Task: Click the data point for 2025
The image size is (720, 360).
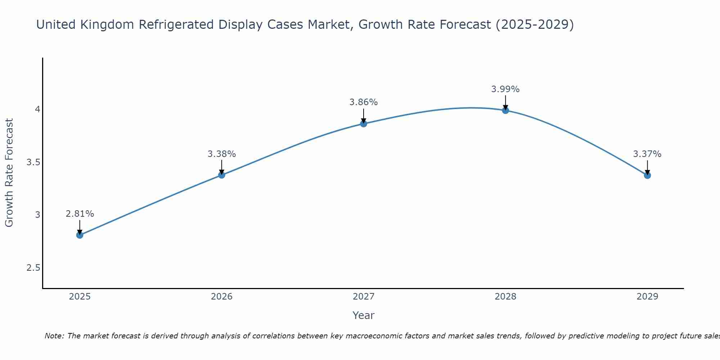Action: coord(80,235)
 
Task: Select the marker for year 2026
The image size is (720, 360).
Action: coord(222,175)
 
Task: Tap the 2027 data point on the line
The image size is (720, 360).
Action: coord(364,124)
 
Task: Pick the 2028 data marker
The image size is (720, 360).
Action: coord(505,110)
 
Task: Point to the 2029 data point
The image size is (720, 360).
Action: coord(647,175)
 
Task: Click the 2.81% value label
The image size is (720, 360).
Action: coord(80,214)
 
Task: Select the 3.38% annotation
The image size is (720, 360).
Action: coord(222,154)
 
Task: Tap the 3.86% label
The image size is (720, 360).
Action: coord(364,102)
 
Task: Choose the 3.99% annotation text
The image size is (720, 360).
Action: coord(505,89)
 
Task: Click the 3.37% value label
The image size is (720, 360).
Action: coord(647,154)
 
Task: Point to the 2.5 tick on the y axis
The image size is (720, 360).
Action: coord(33,268)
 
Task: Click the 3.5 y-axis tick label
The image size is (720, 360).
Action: coord(33,162)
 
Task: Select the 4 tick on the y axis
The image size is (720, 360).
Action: coord(37,109)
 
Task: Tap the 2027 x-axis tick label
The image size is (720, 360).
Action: coord(364,297)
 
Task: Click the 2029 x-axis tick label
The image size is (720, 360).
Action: coord(647,297)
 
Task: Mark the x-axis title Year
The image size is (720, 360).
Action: coord(364,315)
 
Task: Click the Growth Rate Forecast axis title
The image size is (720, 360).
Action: coord(9,173)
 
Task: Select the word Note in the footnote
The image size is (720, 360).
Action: coord(54,336)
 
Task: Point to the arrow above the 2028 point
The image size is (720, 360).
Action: coord(505,102)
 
